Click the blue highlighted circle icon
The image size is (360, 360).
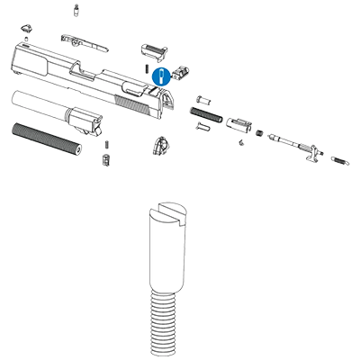click(160, 77)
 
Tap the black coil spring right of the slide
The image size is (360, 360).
click(206, 113)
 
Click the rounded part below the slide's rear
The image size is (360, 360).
click(161, 145)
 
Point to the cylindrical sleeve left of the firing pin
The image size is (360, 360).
click(240, 123)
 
